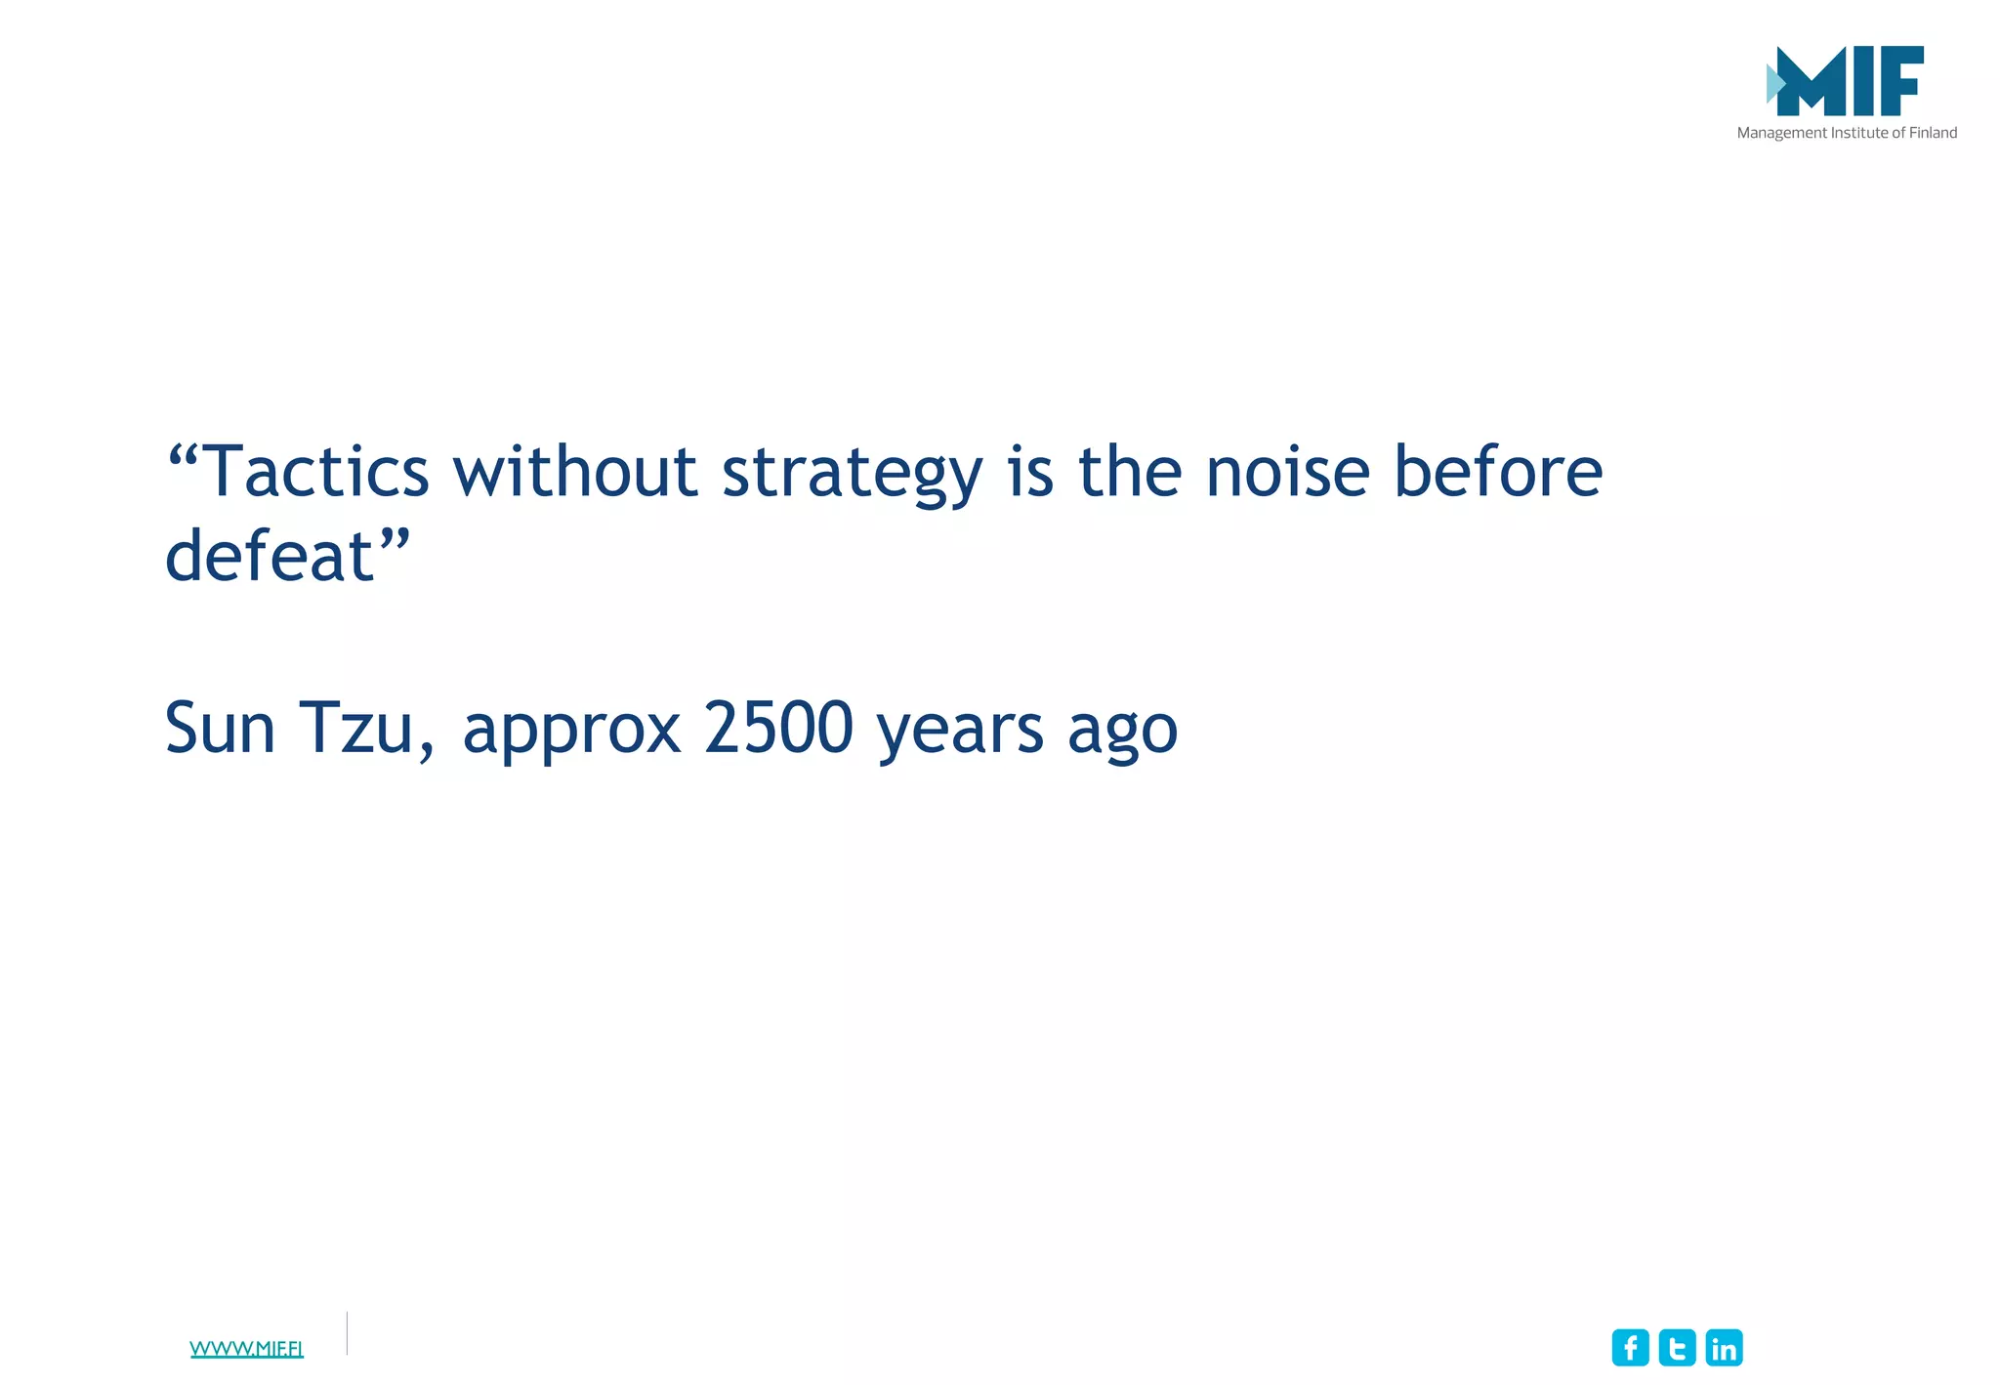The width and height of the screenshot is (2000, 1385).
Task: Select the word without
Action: (x=574, y=472)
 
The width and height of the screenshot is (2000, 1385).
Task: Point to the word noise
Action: (x=1288, y=472)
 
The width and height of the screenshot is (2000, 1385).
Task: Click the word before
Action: (x=1497, y=472)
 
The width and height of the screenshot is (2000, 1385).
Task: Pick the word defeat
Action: (x=271, y=556)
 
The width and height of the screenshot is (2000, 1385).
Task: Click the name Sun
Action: (x=220, y=728)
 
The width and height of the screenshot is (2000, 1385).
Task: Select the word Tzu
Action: (x=356, y=728)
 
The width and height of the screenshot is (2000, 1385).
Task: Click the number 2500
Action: (x=778, y=728)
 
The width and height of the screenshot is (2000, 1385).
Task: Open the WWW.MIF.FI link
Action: (x=246, y=1349)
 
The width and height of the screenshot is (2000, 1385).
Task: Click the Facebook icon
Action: (x=1630, y=1348)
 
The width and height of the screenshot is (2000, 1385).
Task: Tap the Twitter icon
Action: (x=1677, y=1348)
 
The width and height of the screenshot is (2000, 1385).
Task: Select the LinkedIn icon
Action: (x=1724, y=1348)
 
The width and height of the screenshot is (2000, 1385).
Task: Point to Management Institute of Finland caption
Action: (x=1847, y=133)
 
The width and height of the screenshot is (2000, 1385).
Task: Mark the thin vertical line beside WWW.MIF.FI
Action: (x=347, y=1333)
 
